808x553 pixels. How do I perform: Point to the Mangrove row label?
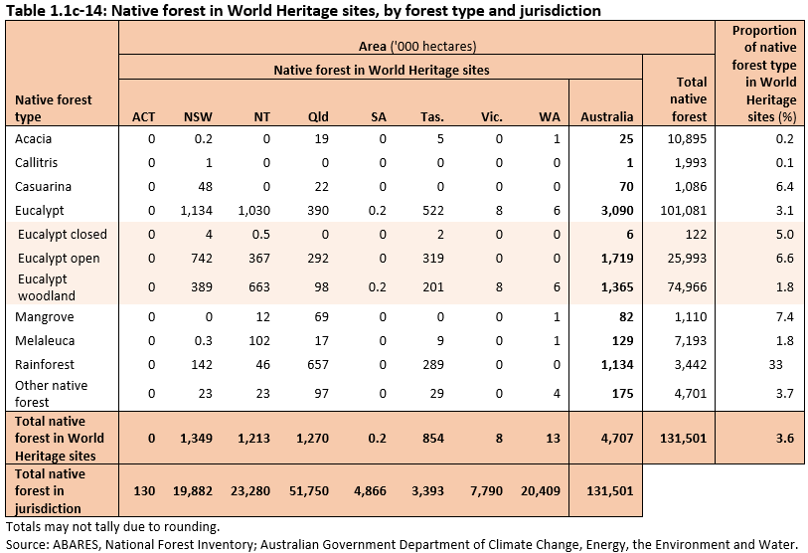[x=43, y=317]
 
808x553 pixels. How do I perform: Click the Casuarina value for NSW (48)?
[x=205, y=186]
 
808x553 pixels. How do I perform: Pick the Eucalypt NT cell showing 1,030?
[x=255, y=210]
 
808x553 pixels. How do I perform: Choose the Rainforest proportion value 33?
[x=786, y=365]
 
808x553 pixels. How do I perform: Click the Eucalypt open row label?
[x=62, y=259]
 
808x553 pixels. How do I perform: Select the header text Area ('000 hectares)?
[x=417, y=47]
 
